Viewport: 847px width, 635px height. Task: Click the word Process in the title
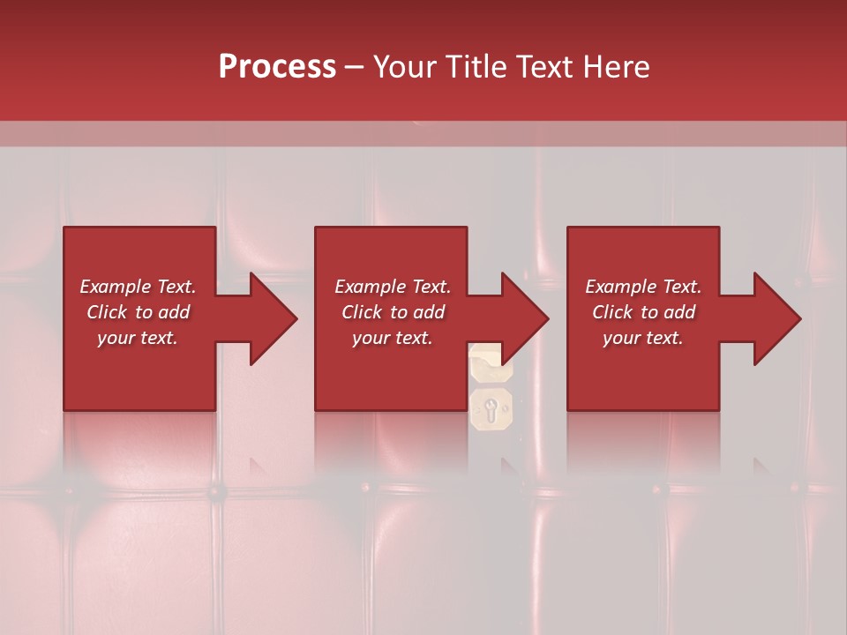tap(277, 67)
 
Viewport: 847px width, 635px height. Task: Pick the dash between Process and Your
tap(355, 68)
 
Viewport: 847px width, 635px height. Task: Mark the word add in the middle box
tap(429, 312)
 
